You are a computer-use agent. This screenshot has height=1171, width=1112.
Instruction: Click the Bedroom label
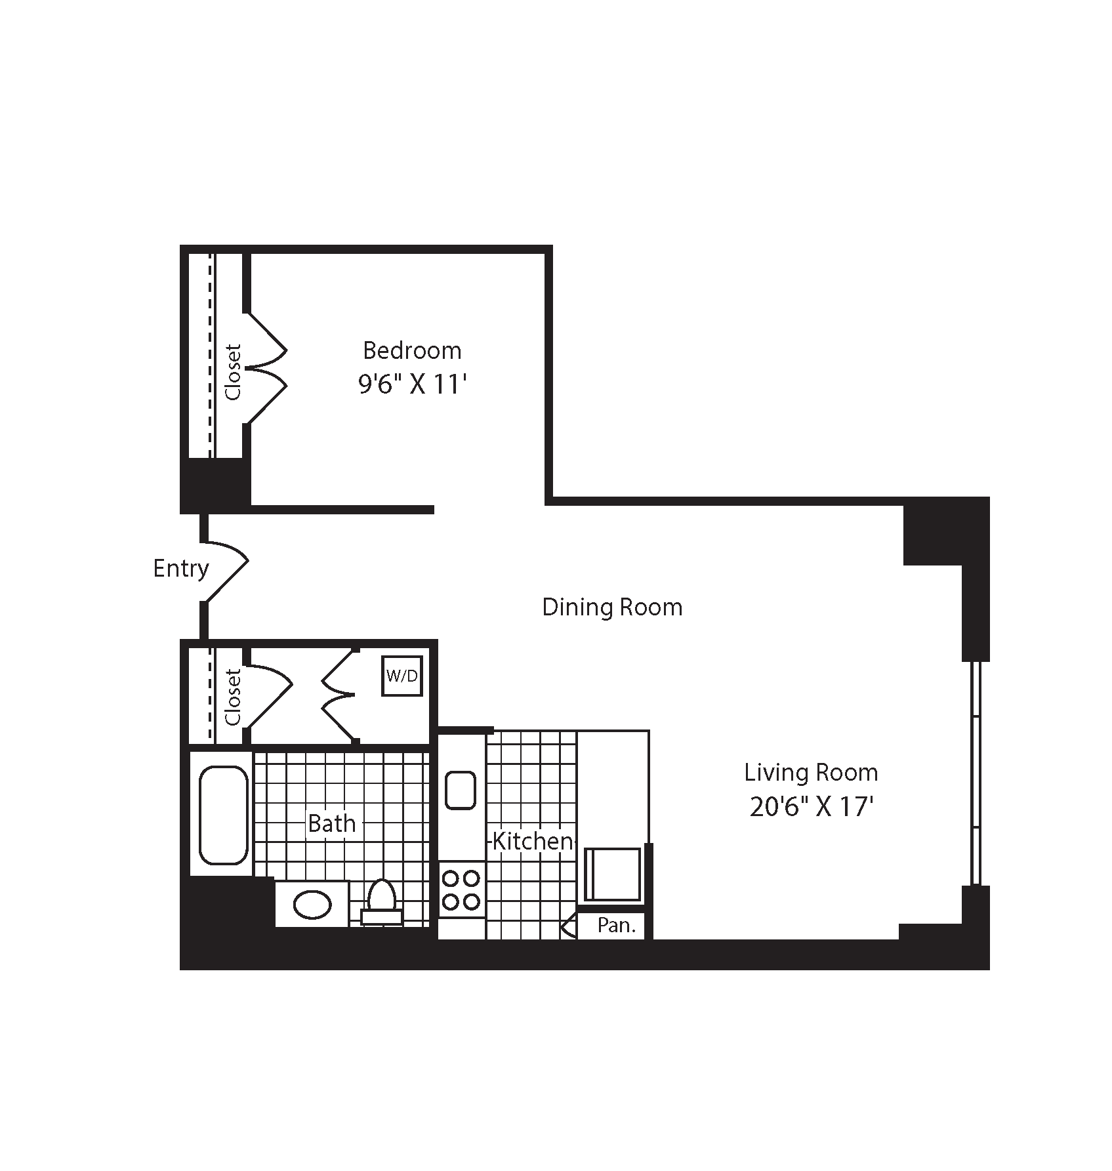(x=412, y=350)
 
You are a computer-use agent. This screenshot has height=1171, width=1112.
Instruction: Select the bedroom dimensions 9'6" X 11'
(x=412, y=384)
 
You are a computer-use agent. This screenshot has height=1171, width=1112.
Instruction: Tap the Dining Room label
(x=612, y=607)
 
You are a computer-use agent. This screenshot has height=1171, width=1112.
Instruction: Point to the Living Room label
(x=811, y=772)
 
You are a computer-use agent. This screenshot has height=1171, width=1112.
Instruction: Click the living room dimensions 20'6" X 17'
(x=811, y=806)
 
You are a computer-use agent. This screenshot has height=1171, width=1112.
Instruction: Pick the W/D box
(x=402, y=676)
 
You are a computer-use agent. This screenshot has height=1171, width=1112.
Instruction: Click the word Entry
(x=180, y=568)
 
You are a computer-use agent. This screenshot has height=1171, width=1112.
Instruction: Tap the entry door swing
(x=226, y=568)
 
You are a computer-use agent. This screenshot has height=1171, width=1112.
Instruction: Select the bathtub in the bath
(x=223, y=814)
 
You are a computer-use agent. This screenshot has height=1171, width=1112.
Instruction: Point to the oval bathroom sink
(x=312, y=905)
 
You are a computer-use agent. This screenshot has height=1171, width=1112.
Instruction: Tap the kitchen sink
(x=461, y=790)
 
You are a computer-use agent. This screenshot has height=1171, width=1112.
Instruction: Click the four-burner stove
(x=461, y=890)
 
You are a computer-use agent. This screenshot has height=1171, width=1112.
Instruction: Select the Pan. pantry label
(x=617, y=926)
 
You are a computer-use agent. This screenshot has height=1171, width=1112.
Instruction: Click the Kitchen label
(x=532, y=841)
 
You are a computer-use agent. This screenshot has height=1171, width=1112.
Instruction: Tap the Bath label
(x=332, y=823)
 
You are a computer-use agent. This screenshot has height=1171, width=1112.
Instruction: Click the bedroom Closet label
(x=234, y=372)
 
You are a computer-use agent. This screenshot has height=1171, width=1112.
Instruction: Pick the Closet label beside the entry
(x=234, y=697)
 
